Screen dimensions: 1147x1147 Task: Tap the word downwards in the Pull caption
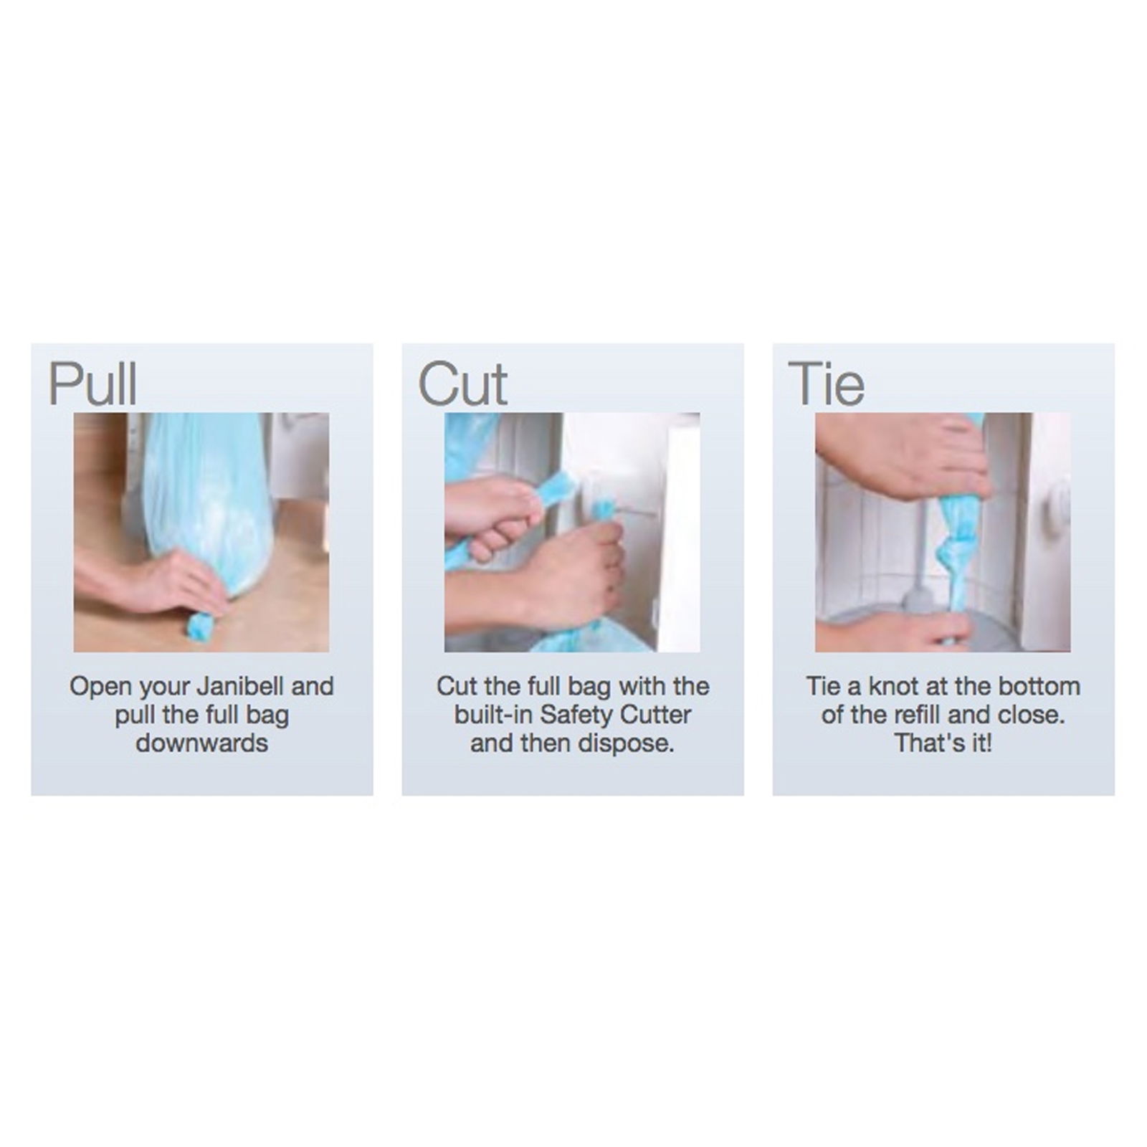pyautogui.click(x=202, y=743)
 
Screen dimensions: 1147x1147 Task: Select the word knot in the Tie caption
pyautogui.click(x=894, y=686)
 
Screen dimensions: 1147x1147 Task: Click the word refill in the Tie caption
pyautogui.click(x=932, y=715)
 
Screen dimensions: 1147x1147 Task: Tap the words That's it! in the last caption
pyautogui.click(x=943, y=743)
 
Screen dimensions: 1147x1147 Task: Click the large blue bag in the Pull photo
pyautogui.click(x=208, y=502)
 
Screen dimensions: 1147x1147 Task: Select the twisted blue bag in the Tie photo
pyautogui.click(x=958, y=545)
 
